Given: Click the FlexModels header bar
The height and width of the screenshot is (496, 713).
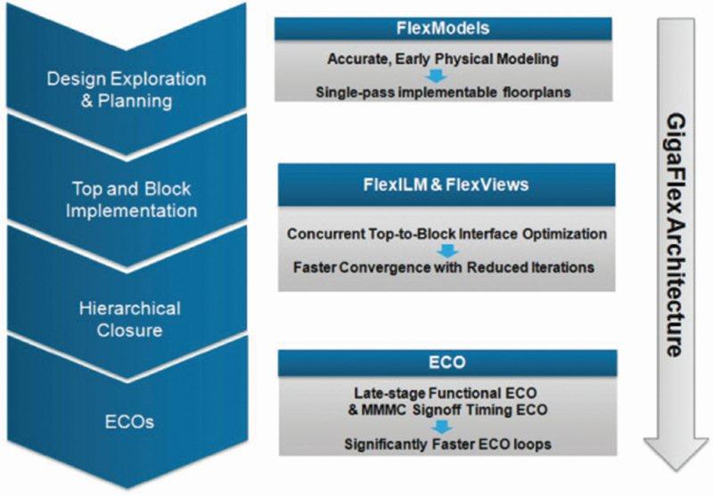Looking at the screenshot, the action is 443,28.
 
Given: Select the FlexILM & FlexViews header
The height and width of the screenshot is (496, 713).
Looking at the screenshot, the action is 447,185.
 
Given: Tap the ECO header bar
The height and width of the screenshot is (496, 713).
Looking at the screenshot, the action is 447,362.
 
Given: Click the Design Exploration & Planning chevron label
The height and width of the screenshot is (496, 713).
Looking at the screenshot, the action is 127,89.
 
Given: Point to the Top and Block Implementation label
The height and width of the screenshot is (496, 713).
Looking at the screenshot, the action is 131,199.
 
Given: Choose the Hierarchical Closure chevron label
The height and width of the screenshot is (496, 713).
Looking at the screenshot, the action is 129,320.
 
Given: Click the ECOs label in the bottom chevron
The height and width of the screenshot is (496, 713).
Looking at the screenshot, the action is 129,422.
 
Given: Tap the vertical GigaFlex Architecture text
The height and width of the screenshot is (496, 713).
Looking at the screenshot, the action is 676,235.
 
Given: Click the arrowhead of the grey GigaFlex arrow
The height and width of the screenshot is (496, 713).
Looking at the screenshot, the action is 676,453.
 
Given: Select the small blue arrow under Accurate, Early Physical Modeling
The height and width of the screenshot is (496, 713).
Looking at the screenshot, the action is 437,76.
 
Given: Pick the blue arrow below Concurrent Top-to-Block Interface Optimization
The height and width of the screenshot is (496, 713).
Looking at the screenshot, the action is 448,251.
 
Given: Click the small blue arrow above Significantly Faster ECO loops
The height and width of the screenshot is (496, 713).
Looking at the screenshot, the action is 442,427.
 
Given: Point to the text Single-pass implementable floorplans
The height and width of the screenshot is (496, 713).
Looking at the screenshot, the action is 443,93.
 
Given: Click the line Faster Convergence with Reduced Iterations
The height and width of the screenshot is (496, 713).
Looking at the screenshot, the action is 444,267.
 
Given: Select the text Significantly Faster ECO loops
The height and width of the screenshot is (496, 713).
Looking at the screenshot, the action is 448,443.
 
